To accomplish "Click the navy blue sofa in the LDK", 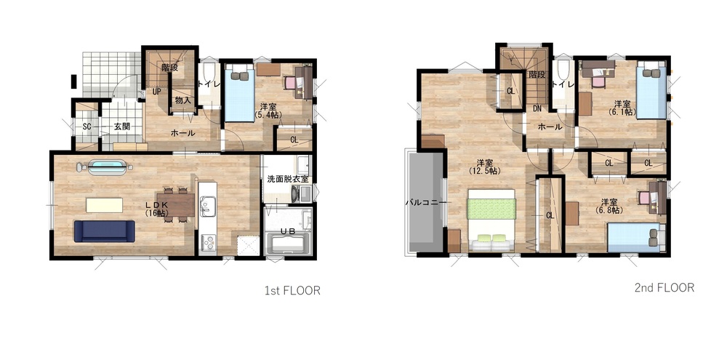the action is [x=104, y=231].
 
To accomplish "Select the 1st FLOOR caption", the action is [x=292, y=291].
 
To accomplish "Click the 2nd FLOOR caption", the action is [x=664, y=287].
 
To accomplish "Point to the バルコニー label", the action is [x=425, y=203].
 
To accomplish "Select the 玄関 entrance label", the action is [x=122, y=127].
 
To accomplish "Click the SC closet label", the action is [x=87, y=127].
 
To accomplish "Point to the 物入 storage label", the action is [x=182, y=100].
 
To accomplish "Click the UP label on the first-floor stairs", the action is [x=157, y=92].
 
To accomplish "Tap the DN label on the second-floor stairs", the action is [x=537, y=109].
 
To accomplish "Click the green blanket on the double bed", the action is [x=491, y=208].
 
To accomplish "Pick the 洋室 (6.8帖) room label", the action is [x=608, y=206].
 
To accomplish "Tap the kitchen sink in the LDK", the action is [x=207, y=204].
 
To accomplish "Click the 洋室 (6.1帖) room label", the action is [x=622, y=108].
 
